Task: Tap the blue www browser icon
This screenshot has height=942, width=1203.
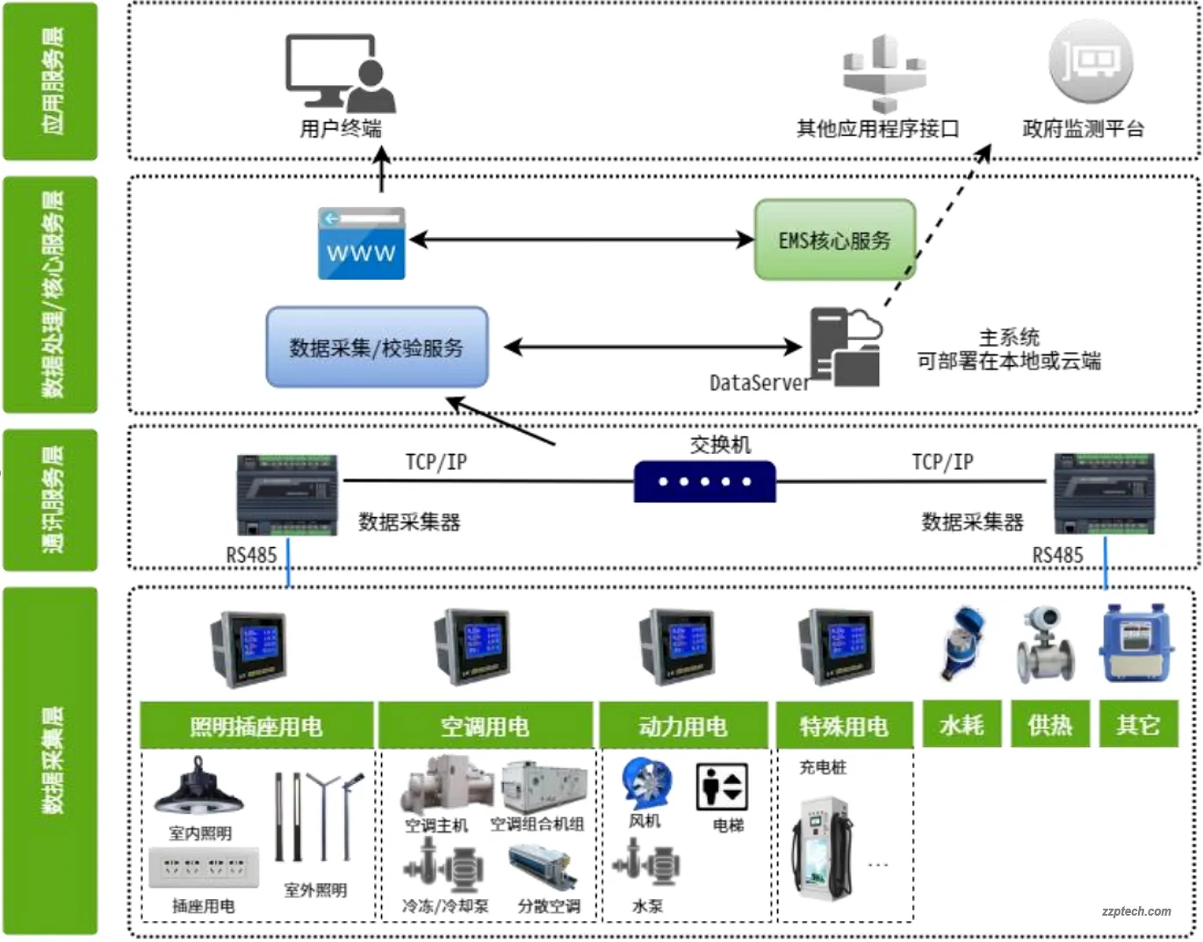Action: (362, 243)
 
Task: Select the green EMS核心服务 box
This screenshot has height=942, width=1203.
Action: (834, 240)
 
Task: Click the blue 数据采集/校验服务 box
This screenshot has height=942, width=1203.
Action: (377, 347)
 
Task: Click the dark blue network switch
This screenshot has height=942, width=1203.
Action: (704, 481)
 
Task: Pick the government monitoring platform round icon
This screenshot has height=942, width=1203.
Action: (1091, 61)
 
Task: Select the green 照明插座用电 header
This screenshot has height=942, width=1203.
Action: (256, 725)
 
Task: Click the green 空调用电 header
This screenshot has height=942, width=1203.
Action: (486, 725)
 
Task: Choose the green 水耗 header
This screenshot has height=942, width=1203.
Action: (961, 724)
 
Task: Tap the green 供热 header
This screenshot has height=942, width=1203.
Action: (1049, 724)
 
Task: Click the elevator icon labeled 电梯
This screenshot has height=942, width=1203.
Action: (722, 786)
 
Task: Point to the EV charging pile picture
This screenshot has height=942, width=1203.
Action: (821, 847)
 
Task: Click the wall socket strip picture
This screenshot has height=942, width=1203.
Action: (204, 867)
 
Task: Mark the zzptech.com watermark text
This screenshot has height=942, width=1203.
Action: (1136, 911)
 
